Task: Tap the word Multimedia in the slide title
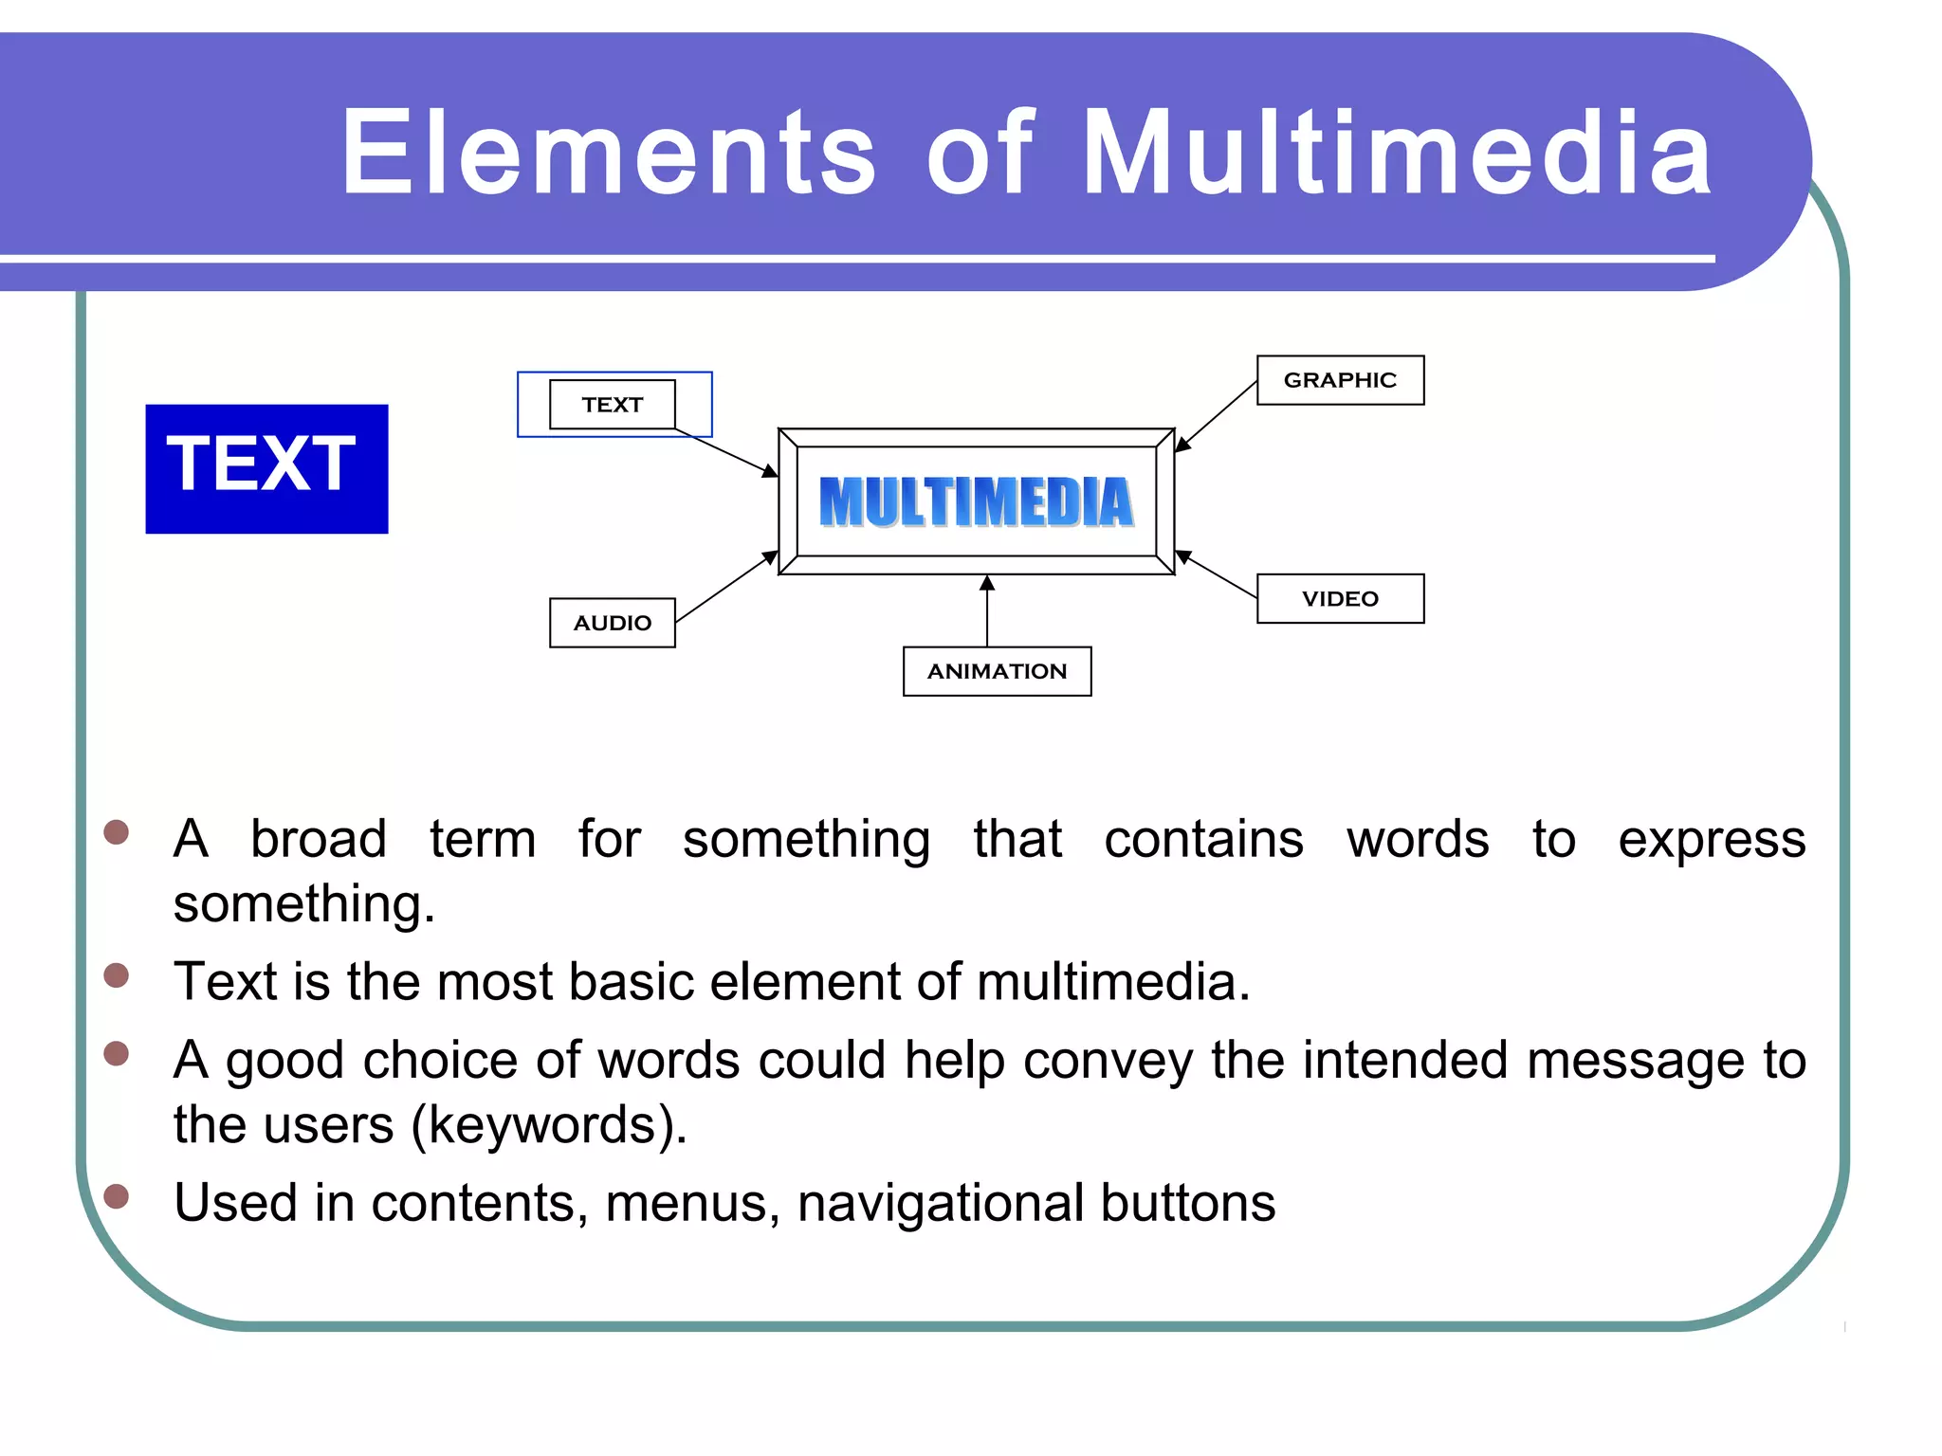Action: [x=1396, y=154]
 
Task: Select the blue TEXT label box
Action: [x=266, y=468]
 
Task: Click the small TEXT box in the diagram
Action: [x=612, y=405]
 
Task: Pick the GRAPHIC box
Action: [x=1339, y=380]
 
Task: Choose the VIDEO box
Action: [x=1339, y=599]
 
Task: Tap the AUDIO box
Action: [x=612, y=623]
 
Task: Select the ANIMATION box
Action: [x=997, y=671]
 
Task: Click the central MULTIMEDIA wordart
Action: [x=976, y=502]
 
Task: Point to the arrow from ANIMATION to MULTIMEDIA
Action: [x=987, y=611]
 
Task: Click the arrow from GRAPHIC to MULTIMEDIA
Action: [x=1217, y=416]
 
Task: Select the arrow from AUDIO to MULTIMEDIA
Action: [x=726, y=587]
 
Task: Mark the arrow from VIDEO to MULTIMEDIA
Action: [x=1217, y=574]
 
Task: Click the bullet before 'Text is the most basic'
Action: [x=117, y=975]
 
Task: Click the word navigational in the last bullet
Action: [x=940, y=1203]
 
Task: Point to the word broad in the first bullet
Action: [x=319, y=840]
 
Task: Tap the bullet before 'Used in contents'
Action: [x=117, y=1196]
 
